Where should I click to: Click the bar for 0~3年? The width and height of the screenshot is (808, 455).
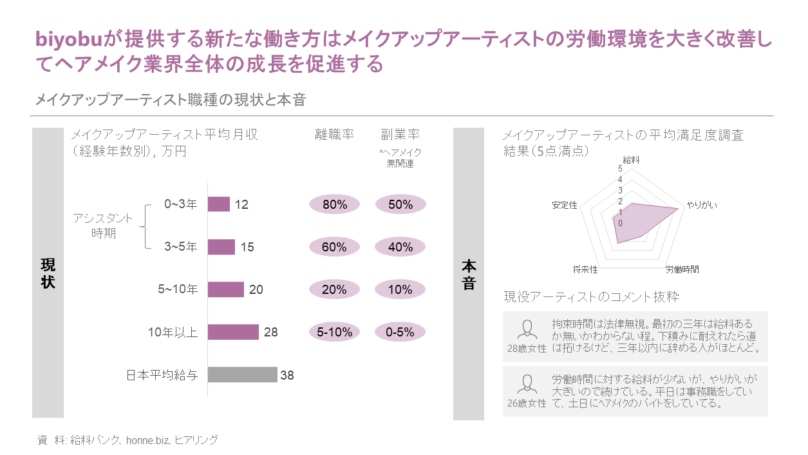coord(219,204)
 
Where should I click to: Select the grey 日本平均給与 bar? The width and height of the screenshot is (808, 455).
coord(242,374)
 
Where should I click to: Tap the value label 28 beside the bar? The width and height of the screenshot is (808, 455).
coord(271,332)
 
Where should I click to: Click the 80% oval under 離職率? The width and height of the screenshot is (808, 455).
coord(335,204)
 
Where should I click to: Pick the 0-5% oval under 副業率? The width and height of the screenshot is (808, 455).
coord(400,332)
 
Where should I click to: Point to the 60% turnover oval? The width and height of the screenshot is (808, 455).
coord(335,247)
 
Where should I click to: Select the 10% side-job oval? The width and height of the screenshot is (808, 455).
coord(400,289)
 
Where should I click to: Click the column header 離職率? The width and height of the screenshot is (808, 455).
coord(335,135)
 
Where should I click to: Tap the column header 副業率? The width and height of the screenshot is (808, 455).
coord(400,135)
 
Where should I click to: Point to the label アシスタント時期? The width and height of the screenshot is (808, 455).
coord(103,226)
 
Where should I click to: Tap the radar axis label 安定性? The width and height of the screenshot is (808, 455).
coord(565,205)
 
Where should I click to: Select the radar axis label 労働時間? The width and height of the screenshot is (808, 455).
coord(682,269)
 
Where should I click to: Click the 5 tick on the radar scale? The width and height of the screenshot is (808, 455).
coord(620,169)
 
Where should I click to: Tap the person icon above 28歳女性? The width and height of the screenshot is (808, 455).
coord(527,329)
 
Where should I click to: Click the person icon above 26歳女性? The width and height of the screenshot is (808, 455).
coord(527,384)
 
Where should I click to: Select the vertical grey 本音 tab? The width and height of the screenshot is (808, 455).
coord(469,274)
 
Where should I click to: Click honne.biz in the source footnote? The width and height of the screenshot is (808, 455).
coord(147,440)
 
